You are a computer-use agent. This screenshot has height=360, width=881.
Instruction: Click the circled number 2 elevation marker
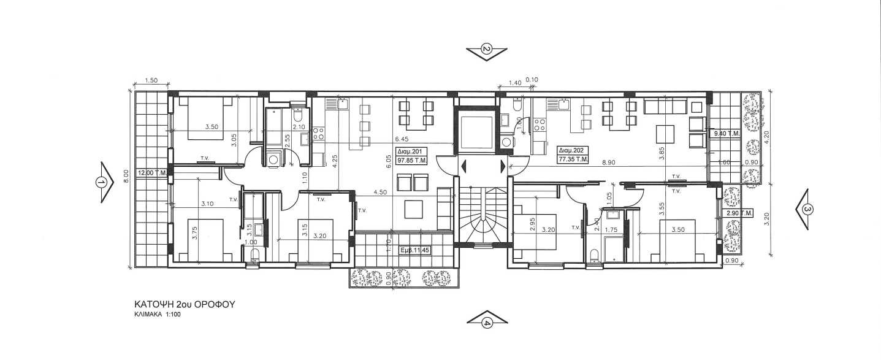pyautogui.click(x=487, y=50)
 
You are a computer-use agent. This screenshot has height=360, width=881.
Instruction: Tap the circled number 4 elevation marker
pyautogui.click(x=487, y=324)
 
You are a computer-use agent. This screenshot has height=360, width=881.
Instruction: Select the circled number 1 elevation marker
pyautogui.click(x=102, y=182)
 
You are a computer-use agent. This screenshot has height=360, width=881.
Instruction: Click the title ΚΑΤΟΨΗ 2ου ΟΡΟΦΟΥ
pyautogui.click(x=185, y=305)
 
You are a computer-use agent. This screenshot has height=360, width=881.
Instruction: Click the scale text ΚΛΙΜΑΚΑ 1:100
pyautogui.click(x=158, y=315)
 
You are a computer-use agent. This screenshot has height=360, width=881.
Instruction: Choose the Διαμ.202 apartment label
pyautogui.click(x=572, y=150)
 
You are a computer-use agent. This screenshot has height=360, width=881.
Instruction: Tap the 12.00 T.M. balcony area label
pyautogui.click(x=152, y=173)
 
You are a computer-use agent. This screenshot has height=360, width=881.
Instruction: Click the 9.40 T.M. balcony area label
pyautogui.click(x=727, y=134)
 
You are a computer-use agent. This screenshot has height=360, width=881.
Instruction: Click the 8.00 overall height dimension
pyautogui.click(x=126, y=175)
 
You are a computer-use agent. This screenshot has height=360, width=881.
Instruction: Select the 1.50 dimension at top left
pyautogui.click(x=151, y=81)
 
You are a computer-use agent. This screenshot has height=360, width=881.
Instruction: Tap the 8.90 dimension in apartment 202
pyautogui.click(x=608, y=163)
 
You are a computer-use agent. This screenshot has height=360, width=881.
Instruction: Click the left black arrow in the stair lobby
pyautogui.click(x=464, y=166)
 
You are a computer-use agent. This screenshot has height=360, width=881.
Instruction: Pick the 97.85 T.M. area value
pyautogui.click(x=412, y=161)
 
